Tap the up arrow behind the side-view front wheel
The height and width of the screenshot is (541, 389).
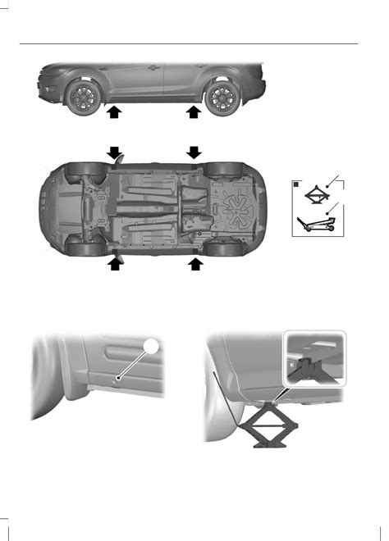115,112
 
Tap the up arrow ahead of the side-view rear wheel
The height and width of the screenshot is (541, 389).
194,112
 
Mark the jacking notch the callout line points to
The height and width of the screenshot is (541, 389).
121,379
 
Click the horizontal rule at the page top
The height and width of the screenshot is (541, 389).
194,44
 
